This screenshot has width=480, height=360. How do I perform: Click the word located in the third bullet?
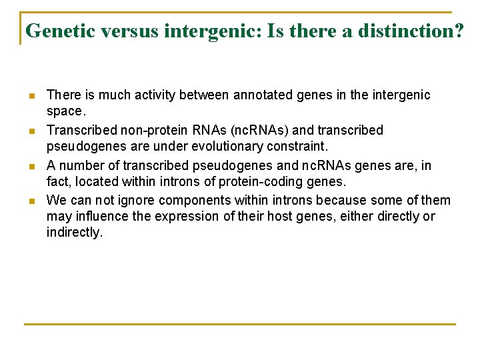(x=95, y=182)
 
